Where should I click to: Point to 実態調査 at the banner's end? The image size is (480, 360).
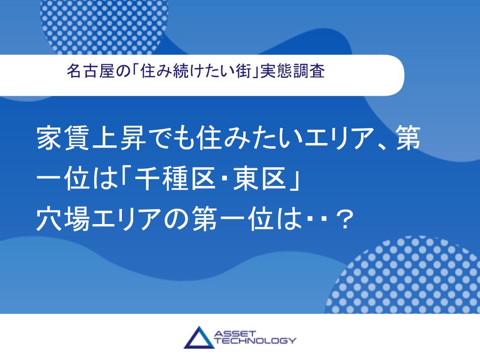[292, 71]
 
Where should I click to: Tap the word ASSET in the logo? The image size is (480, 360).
[235, 333]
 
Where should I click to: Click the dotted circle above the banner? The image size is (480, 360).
[104, 24]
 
